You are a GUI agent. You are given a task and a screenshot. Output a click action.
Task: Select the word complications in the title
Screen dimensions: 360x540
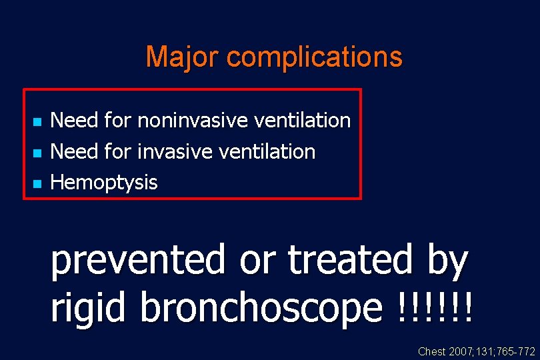click(315, 57)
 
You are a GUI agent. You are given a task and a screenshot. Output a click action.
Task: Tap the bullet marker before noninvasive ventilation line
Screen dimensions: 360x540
click(37, 122)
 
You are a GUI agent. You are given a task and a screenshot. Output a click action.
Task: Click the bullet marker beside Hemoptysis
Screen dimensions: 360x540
click(37, 183)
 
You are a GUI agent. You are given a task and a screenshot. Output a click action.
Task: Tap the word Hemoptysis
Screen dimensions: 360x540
click(104, 183)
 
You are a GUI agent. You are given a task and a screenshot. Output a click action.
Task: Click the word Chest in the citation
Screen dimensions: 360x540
click(431, 351)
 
